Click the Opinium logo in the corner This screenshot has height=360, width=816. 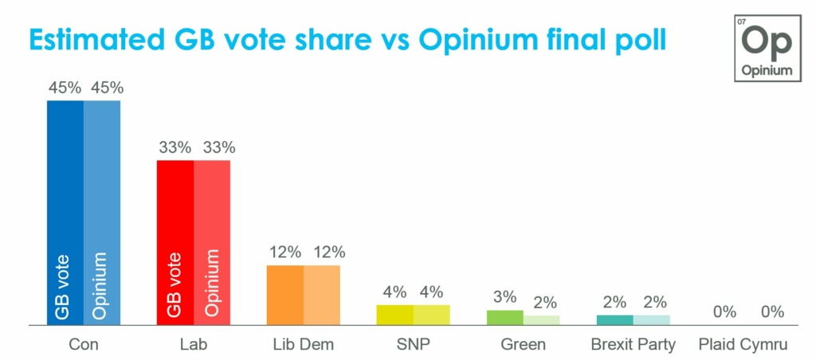point(766,47)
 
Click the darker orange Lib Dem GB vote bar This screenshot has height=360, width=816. point(284,295)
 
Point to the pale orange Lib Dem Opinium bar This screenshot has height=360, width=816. point(322,295)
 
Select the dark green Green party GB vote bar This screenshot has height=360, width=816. point(504,317)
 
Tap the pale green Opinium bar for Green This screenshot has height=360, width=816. point(542,320)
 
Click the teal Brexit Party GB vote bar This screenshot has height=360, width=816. point(614,320)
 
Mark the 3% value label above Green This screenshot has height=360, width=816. point(504,297)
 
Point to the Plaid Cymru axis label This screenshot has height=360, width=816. point(742,345)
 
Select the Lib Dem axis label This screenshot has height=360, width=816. point(303,345)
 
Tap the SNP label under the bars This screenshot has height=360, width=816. point(413,345)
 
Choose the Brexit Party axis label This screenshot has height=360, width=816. point(633,345)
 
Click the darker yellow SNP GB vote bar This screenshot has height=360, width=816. point(394,315)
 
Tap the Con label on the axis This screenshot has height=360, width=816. point(84,345)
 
